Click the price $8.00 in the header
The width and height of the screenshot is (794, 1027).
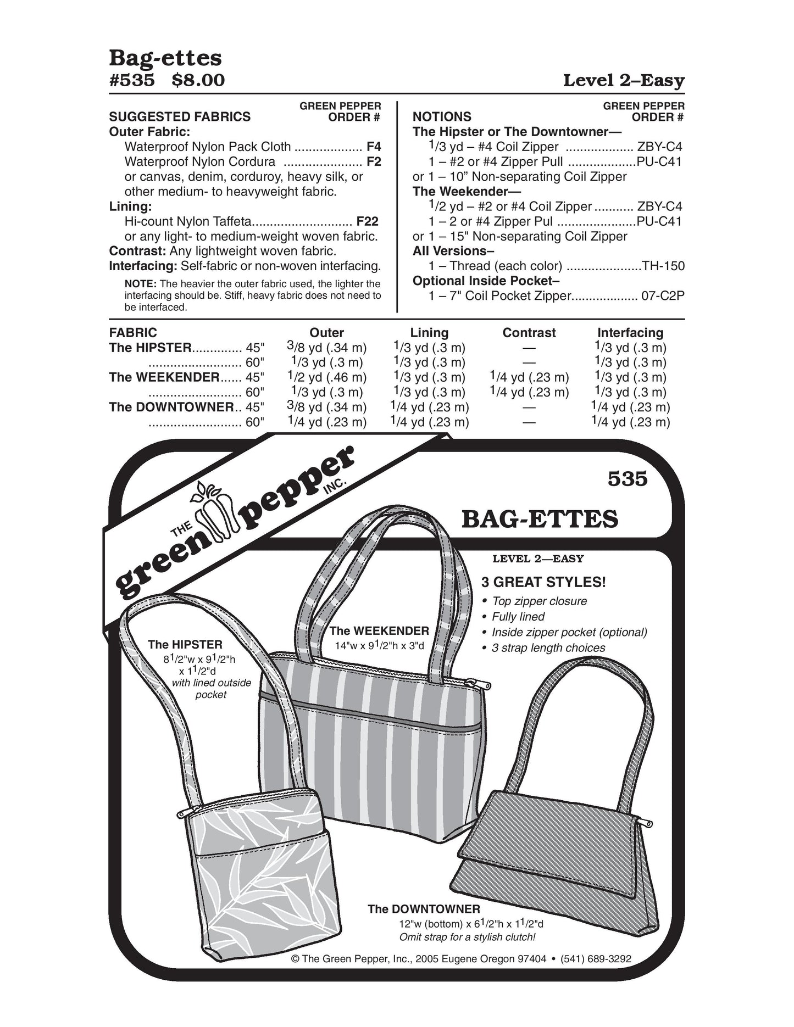pyautogui.click(x=198, y=81)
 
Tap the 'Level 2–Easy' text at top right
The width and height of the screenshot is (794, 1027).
pyautogui.click(x=624, y=81)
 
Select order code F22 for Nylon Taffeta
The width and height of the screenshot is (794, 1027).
pyautogui.click(x=367, y=222)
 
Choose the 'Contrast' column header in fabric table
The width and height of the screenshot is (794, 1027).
pyautogui.click(x=529, y=333)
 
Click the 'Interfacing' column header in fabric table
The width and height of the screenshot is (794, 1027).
pyautogui.click(x=630, y=333)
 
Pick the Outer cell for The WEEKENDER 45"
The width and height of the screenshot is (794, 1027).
pyautogui.click(x=326, y=378)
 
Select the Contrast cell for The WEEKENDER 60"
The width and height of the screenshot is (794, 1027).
pyautogui.click(x=529, y=393)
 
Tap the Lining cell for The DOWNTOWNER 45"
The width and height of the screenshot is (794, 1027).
pyautogui.click(x=429, y=408)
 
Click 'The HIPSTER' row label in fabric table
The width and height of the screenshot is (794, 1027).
pyautogui.click(x=151, y=348)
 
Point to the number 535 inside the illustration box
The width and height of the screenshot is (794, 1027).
pyautogui.click(x=628, y=479)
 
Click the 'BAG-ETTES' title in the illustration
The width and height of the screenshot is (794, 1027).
pyautogui.click(x=540, y=519)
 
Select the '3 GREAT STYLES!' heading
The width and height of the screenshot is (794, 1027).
pyautogui.click(x=543, y=582)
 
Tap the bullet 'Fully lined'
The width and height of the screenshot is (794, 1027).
pyautogui.click(x=518, y=617)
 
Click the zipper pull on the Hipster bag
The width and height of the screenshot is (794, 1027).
pyautogui.click(x=184, y=814)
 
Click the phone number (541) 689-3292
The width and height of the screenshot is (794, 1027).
pyautogui.click(x=595, y=974)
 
